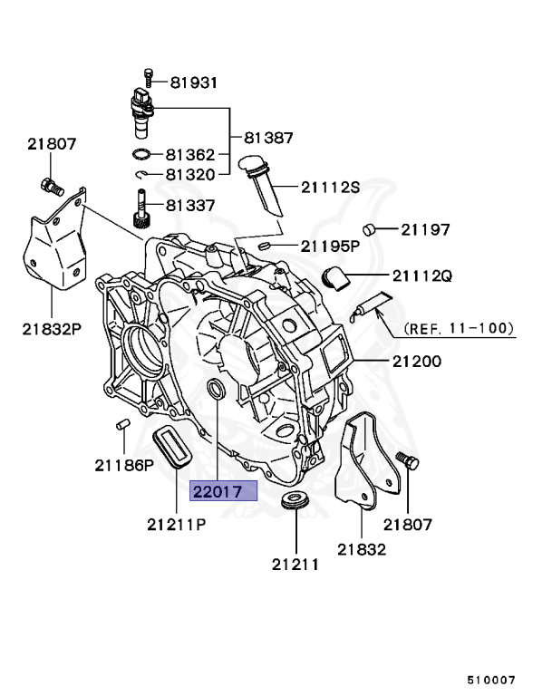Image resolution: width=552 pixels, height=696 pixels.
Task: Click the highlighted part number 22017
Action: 223,491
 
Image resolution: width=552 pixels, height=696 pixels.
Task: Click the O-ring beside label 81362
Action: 143,155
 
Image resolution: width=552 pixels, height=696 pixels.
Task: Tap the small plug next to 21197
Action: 369,228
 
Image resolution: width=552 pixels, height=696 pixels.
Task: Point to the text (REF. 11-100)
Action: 459,328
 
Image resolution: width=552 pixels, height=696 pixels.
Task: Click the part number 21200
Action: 416,361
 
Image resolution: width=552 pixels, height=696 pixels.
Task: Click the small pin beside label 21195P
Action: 266,245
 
